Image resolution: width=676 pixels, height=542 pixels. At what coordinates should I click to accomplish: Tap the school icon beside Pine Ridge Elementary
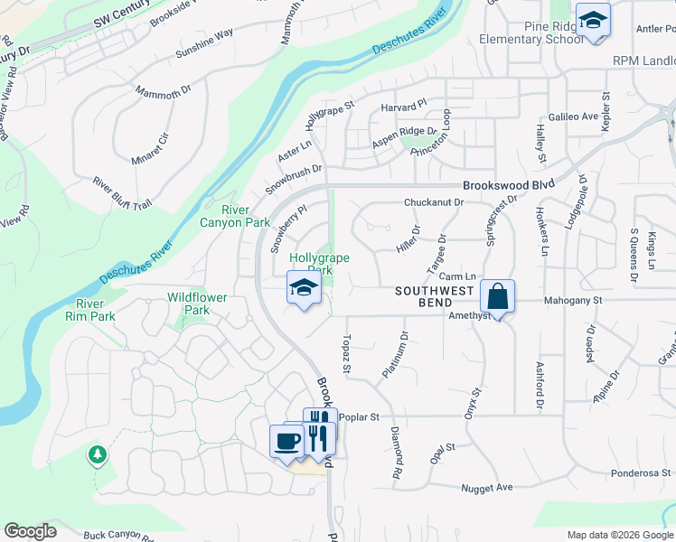tap(593, 21)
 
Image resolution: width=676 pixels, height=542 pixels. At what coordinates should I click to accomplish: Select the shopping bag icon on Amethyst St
tap(498, 295)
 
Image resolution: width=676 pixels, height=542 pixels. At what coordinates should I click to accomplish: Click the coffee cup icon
tap(287, 442)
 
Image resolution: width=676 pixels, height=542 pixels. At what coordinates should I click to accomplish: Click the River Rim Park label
tap(96, 310)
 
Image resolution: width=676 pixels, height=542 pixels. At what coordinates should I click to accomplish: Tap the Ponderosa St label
tap(642, 472)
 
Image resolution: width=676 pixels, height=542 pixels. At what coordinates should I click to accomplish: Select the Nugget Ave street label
tap(487, 488)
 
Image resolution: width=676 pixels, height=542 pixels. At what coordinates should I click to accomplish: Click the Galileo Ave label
tap(574, 117)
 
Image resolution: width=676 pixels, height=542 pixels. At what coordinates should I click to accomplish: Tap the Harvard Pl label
tap(403, 106)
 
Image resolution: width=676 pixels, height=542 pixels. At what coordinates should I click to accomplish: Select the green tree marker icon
tap(97, 454)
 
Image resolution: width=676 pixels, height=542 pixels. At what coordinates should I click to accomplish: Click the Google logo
tap(30, 531)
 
